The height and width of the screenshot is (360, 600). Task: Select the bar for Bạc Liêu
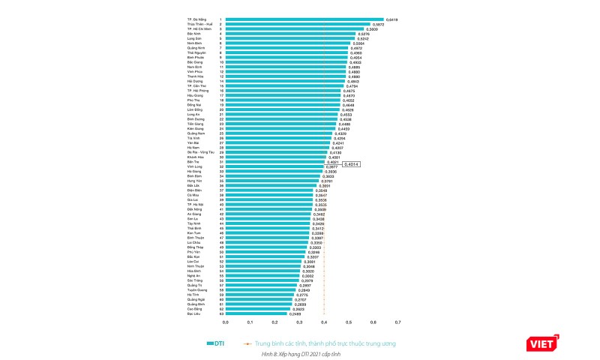pyautogui.click(x=256, y=313)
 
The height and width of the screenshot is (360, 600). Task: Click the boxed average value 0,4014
pyautogui.click(x=352, y=163)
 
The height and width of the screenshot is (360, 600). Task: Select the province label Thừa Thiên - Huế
pyautogui.click(x=200, y=24)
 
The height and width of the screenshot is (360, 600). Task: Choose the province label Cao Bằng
pyautogui.click(x=196, y=309)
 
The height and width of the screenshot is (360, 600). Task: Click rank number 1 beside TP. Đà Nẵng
pyautogui.click(x=220, y=19)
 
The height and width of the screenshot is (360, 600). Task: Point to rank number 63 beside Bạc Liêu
pyautogui.click(x=220, y=313)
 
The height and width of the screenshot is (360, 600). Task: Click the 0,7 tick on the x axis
pyautogui.click(x=397, y=323)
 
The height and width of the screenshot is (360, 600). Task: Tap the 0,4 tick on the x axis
pyautogui.click(x=324, y=323)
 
